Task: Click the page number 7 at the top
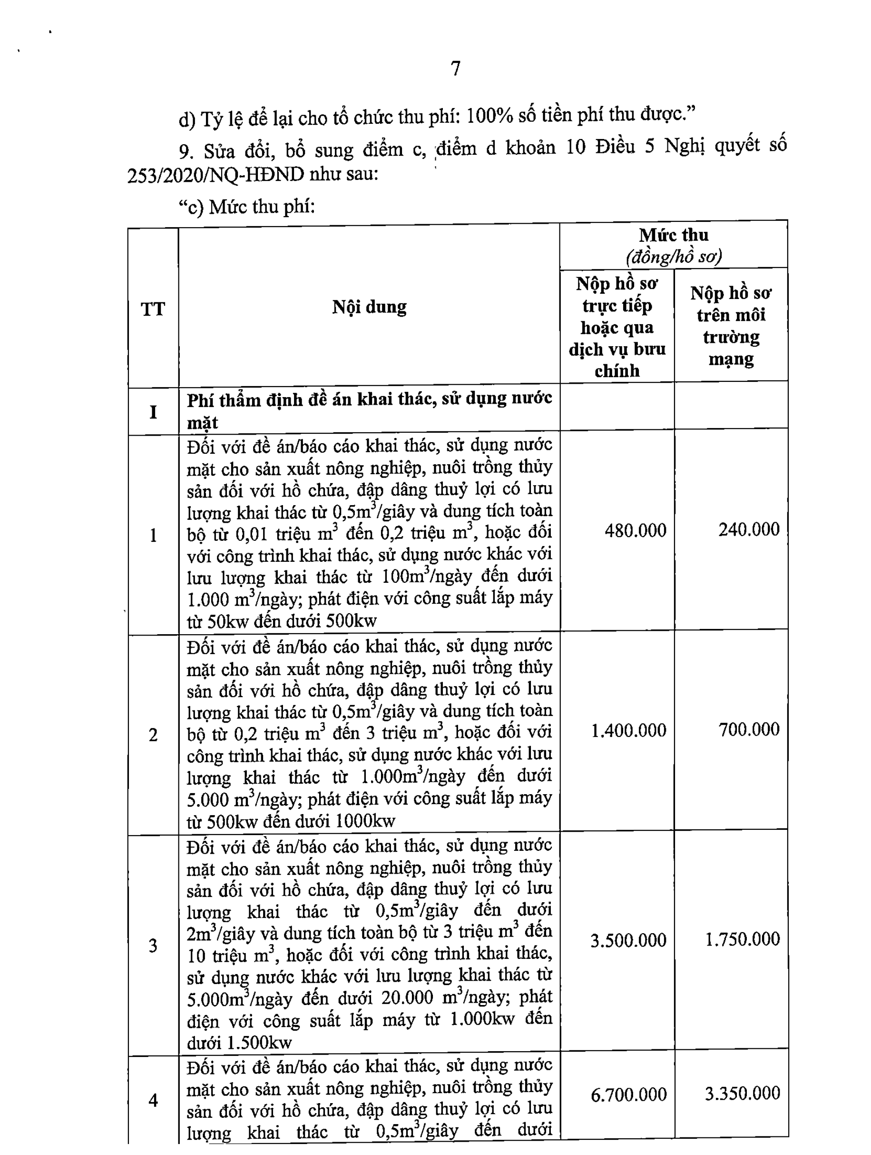tap(456, 69)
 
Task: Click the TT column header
tap(153, 309)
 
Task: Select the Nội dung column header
tap(369, 307)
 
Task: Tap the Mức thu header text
tap(673, 235)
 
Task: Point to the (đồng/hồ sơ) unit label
tap(673, 257)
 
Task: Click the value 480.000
tap(635, 530)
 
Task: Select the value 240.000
tap(748, 529)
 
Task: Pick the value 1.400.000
tap(628, 730)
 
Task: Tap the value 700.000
tap(748, 729)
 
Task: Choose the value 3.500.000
tap(628, 940)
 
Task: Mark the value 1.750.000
tap(742, 939)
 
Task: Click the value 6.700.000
tap(628, 1094)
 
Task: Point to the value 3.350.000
tap(742, 1092)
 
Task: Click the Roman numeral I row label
tap(153, 412)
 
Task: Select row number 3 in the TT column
tap(153, 946)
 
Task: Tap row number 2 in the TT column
tap(153, 735)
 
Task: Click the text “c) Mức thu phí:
tap(247, 207)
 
